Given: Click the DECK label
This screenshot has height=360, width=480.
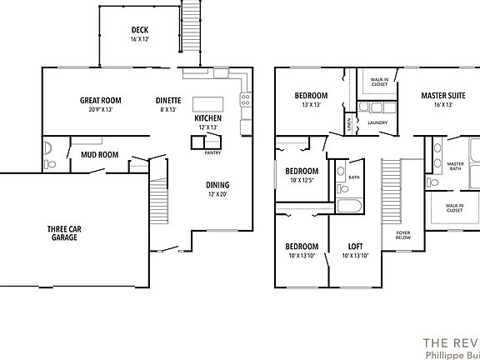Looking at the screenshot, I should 139,31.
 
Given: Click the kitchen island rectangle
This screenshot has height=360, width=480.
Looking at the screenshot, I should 208,104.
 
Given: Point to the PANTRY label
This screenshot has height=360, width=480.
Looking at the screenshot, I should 213,152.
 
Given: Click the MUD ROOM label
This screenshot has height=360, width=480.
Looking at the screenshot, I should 99,154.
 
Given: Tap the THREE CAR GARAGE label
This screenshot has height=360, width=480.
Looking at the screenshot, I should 62,232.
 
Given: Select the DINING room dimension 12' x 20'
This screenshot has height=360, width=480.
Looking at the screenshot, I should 217,194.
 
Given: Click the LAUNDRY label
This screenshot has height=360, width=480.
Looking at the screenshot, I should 377,123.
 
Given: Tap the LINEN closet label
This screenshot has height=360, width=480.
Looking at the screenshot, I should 348,124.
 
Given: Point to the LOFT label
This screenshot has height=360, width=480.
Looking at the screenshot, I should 355,247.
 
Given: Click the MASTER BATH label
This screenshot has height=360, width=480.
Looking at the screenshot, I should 455,166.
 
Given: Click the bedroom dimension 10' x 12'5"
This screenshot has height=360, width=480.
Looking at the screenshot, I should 301,180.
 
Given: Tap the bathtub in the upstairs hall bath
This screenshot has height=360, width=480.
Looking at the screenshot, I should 350,207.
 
